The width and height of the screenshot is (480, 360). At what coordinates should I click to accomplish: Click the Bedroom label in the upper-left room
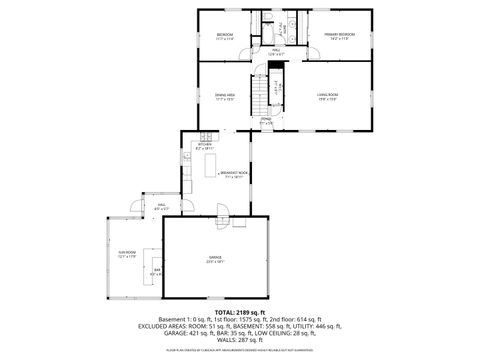225,35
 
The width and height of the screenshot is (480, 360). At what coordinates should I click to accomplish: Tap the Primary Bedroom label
339,35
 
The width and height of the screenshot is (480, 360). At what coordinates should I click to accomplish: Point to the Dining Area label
225,94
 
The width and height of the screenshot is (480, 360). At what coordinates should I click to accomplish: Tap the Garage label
215,257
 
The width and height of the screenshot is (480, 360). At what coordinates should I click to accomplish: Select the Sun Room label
124,254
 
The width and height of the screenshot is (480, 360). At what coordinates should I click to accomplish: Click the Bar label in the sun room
156,270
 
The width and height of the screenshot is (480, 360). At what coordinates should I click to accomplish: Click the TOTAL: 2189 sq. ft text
239,313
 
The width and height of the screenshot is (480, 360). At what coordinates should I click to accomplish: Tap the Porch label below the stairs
266,120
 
